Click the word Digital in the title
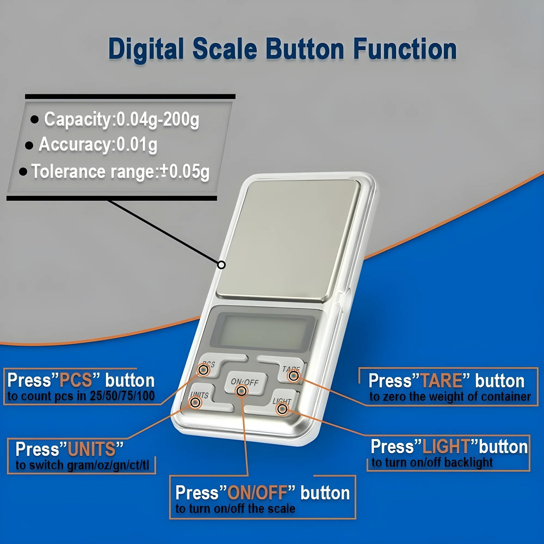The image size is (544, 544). [x=146, y=49]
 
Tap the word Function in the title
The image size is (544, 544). [x=405, y=49]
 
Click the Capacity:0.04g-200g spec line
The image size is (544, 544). [x=121, y=120]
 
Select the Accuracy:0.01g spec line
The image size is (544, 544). [x=98, y=145]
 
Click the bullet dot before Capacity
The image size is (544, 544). [x=35, y=120]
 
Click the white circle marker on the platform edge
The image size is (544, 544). [x=222, y=265]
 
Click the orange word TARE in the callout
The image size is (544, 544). [x=441, y=381]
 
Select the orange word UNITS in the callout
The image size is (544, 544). [x=91, y=449]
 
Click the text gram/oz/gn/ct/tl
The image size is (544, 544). [x=108, y=465]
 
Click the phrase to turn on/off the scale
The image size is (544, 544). [x=235, y=509]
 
